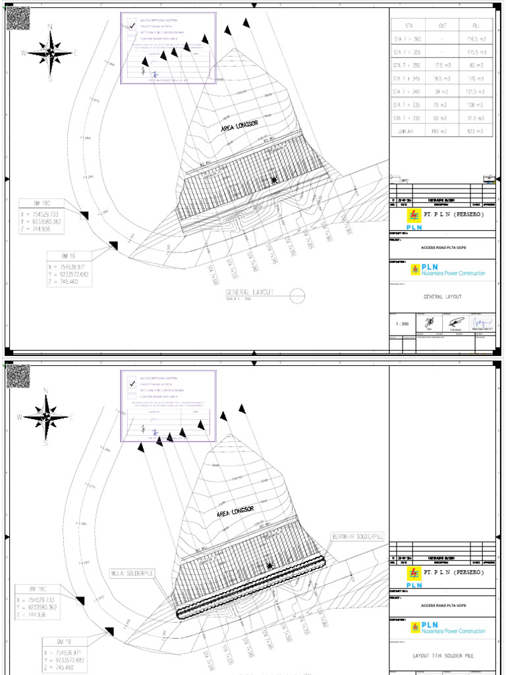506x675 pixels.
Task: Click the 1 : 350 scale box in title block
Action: coord(401,324)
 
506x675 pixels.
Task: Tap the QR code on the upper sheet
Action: coord(18,18)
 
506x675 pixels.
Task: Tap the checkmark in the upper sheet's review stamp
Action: coord(132,26)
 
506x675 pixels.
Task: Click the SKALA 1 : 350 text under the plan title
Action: coord(239,299)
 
